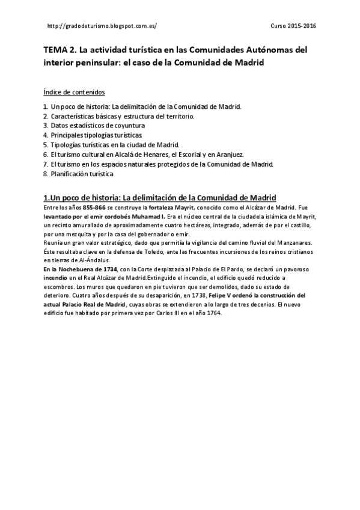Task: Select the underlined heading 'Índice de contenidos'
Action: [74, 92]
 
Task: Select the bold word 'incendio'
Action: [58, 278]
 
